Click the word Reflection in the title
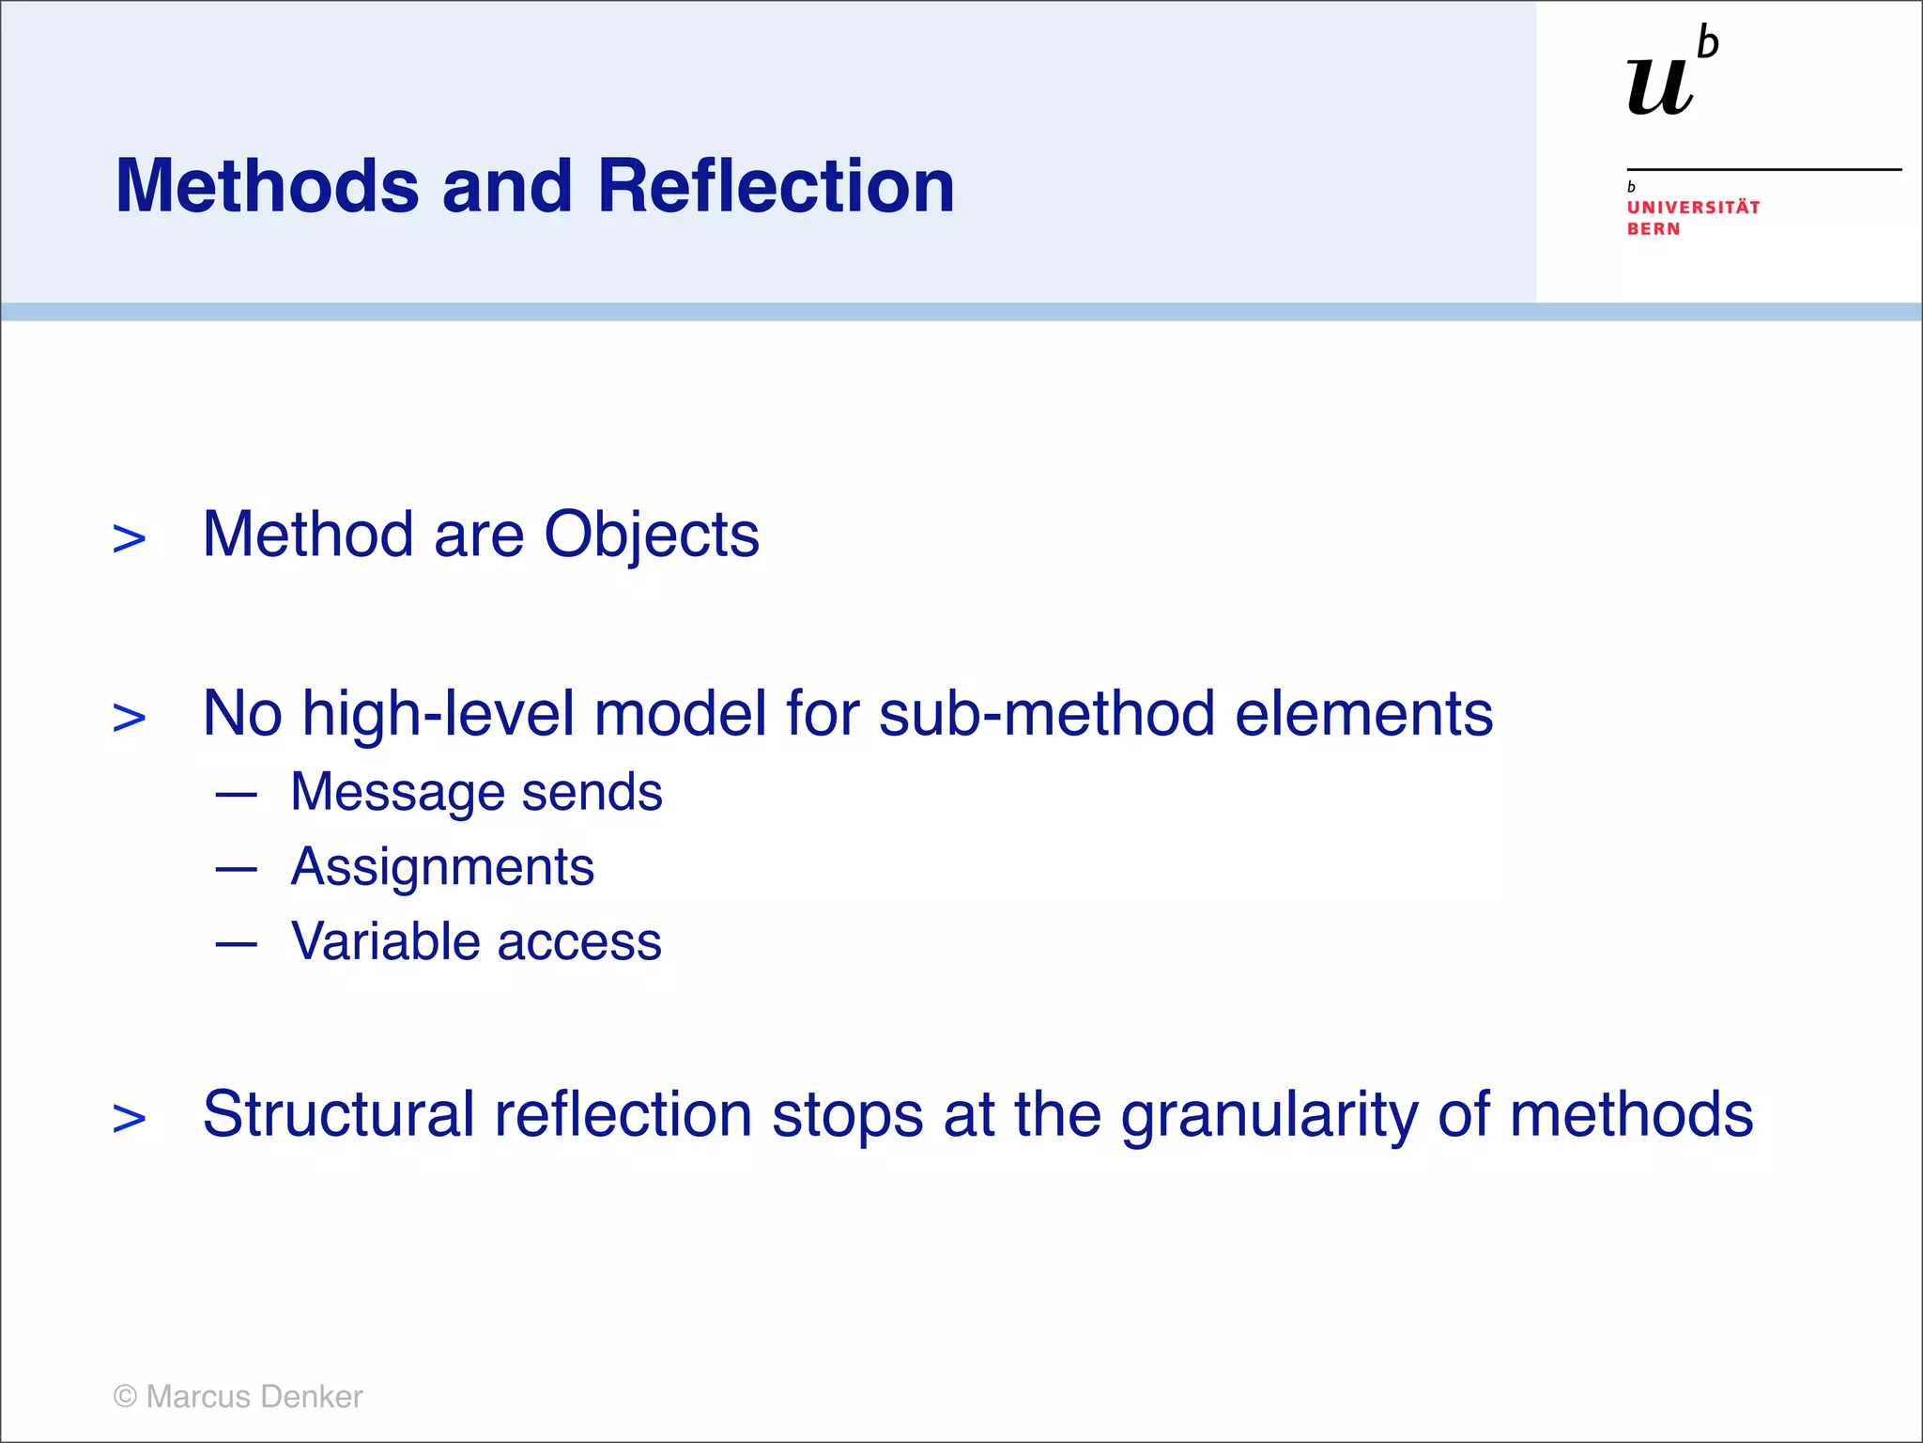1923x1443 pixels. click(x=776, y=186)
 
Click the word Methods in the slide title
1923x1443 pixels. click(x=268, y=186)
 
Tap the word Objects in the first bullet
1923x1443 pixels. click(x=652, y=535)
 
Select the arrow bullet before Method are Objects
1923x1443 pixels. click(x=130, y=539)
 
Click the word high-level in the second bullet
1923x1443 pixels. click(x=438, y=714)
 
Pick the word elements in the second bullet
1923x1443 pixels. click(x=1363, y=714)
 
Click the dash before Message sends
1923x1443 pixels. click(x=236, y=795)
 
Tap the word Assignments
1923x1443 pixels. click(x=442, y=867)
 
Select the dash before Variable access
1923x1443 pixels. click(x=236, y=943)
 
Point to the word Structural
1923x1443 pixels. click(x=339, y=1114)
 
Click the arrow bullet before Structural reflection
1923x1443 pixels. click(x=130, y=1119)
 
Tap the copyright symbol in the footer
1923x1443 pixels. click(x=125, y=1397)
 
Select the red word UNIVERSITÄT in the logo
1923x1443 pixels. click(x=1693, y=208)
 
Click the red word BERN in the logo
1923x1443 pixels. click(x=1654, y=229)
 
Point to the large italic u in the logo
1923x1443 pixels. click(x=1660, y=87)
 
